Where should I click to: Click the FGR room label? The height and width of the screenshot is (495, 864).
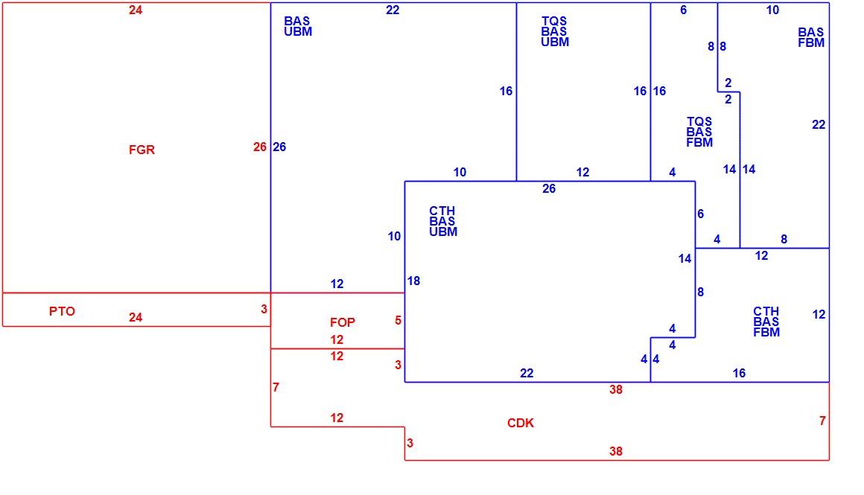142,150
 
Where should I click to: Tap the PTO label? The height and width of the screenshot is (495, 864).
62,311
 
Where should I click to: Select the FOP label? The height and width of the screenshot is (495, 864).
342,322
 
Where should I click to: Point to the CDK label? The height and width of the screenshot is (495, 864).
521,423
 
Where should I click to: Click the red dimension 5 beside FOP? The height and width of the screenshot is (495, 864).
398,321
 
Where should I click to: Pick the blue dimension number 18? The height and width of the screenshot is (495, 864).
413,281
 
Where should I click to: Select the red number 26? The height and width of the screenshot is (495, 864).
259,147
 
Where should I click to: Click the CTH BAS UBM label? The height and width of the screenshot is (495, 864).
443,221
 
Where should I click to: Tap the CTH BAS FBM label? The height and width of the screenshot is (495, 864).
766,322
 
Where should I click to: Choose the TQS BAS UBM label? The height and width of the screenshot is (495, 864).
554,31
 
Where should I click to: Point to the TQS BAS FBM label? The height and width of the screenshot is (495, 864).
699,132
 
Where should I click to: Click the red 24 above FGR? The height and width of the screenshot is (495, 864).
136,10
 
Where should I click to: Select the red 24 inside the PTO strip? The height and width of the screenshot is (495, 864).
136,317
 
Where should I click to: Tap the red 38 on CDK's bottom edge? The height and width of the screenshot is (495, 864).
615,451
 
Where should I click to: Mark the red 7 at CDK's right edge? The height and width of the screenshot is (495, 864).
822,421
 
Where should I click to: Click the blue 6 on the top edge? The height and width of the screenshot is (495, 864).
683,10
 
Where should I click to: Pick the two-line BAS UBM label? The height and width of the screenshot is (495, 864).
297,26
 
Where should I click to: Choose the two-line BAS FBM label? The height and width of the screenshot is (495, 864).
811,37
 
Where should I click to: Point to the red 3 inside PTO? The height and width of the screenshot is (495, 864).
264,309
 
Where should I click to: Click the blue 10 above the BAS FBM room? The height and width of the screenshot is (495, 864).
772,10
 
